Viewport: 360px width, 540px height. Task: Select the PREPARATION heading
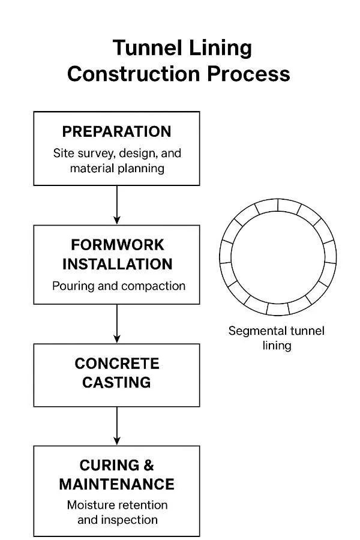coord(116,132)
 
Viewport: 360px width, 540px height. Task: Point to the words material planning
coord(117,169)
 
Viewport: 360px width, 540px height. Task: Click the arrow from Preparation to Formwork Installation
coord(116,205)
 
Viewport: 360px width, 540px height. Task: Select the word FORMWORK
coord(117,245)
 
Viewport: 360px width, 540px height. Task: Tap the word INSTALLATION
coord(117,264)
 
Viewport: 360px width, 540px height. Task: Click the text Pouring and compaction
coord(118,286)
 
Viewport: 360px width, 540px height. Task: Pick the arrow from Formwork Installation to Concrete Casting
coord(116,323)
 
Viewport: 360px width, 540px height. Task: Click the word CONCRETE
coord(117,364)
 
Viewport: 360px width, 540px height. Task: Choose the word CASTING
coord(117,382)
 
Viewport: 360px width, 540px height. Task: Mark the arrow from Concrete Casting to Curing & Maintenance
coord(116,425)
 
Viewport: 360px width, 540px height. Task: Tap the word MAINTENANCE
coord(117,484)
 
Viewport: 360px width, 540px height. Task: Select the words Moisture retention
coord(117,505)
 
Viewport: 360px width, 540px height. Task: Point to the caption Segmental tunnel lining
coord(276,338)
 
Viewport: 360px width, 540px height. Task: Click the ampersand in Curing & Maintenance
coord(148,466)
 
